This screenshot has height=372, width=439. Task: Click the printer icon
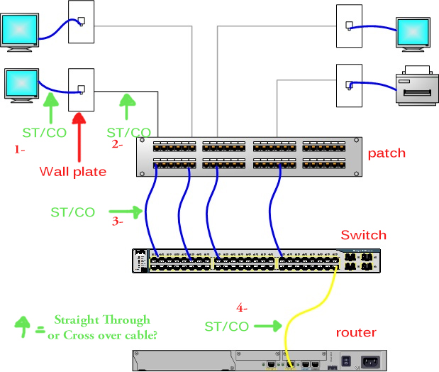click(x=416, y=84)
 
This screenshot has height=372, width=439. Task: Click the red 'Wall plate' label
click(x=72, y=171)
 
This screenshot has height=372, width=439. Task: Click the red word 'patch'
click(x=387, y=153)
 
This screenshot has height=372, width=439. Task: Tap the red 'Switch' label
click(x=363, y=235)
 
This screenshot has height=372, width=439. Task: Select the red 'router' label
click(x=356, y=332)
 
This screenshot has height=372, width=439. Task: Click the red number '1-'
click(x=20, y=150)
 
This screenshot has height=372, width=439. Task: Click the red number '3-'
click(x=118, y=221)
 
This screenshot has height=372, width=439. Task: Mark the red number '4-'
click(x=243, y=308)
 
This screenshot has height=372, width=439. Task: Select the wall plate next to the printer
click(x=348, y=84)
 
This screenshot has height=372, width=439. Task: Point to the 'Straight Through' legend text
click(x=102, y=319)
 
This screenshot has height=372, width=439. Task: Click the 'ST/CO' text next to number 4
click(x=226, y=327)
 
